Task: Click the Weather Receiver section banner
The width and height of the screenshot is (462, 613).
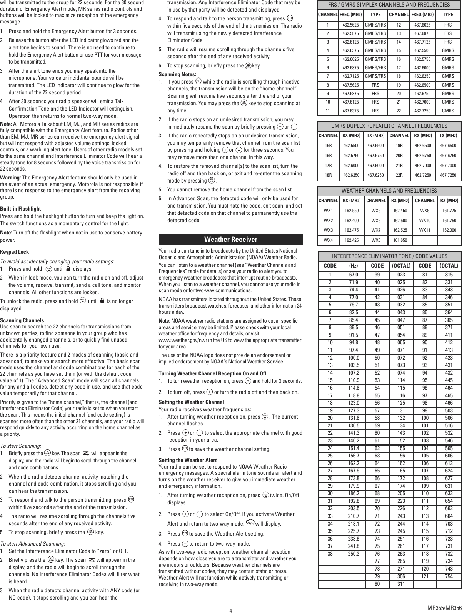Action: click(x=230, y=240)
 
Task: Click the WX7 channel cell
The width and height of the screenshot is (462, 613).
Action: click(x=376, y=230)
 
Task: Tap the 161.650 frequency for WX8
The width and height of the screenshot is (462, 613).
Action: click(x=400, y=240)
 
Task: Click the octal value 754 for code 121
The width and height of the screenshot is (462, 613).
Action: click(x=449, y=576)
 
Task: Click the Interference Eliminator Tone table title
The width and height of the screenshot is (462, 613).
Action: click(x=389, y=256)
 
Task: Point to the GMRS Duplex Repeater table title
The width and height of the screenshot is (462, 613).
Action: click(x=389, y=126)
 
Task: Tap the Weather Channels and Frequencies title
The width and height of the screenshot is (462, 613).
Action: click(x=389, y=191)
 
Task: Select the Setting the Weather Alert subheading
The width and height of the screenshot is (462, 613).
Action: click(x=187, y=460)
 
